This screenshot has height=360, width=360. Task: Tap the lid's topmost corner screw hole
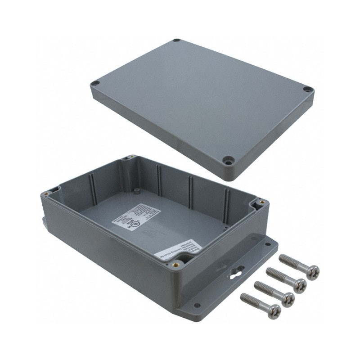(177, 41)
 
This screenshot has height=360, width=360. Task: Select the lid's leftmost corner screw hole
(95, 84)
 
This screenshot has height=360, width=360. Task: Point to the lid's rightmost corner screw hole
(307, 90)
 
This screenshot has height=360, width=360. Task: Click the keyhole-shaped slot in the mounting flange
(237, 271)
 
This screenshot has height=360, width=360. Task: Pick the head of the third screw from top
(288, 297)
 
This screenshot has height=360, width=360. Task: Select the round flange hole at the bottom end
(197, 306)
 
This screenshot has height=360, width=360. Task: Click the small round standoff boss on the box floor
(135, 191)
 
